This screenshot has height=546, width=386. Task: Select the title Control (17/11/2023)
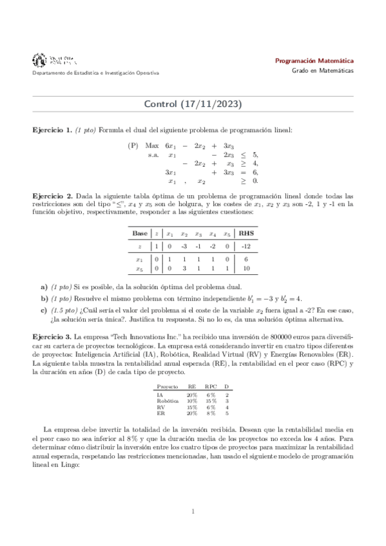193,103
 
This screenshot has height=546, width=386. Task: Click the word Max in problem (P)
152,146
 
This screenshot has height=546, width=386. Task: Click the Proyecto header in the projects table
167,386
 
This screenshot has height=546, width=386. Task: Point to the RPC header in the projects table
211,386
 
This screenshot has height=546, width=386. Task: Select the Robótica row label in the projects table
168,400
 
